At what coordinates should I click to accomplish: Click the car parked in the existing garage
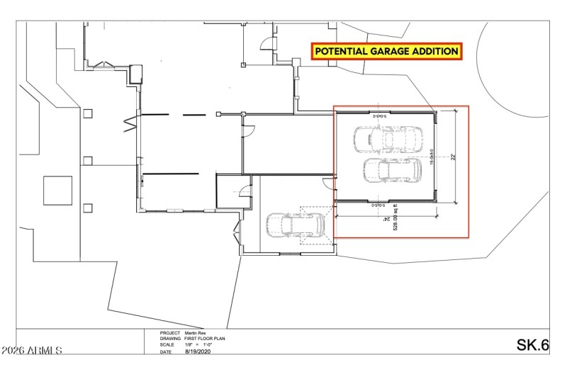pos(295,225)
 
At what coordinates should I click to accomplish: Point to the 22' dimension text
pos(452,157)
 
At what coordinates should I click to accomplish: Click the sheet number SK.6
pos(533,345)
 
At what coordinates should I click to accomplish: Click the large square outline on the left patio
pos(58,191)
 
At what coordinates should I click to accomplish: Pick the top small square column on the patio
pos(87,113)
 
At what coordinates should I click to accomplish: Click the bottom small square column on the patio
pos(87,208)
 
